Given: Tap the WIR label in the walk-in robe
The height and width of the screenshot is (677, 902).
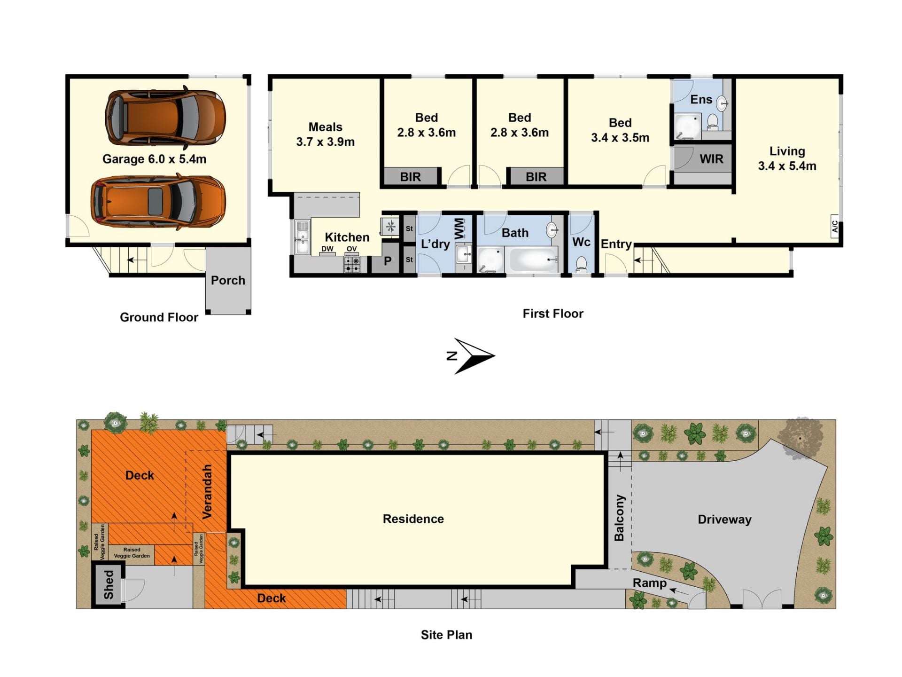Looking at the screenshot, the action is (x=711, y=159).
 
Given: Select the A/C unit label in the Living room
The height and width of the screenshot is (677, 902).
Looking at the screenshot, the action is (x=835, y=227).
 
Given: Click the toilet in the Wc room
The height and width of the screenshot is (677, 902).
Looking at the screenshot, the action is (x=581, y=264).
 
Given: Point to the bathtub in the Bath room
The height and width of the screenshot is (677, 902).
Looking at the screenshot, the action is (x=534, y=260).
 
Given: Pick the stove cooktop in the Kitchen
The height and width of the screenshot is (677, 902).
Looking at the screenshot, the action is (x=352, y=265).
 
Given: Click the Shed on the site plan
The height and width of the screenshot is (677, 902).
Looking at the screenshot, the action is (x=109, y=585).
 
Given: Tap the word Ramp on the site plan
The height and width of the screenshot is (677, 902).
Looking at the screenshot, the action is (x=649, y=583).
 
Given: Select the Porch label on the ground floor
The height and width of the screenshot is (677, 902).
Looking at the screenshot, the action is (x=228, y=280).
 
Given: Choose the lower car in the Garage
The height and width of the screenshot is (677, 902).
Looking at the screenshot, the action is (x=158, y=202).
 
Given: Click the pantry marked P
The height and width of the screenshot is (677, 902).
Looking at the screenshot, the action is (x=388, y=261).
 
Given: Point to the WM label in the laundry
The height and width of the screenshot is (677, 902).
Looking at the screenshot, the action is (x=459, y=228).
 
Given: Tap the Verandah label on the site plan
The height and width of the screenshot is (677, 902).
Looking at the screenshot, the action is (x=207, y=491).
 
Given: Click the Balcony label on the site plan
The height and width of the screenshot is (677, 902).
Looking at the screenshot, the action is (x=619, y=518).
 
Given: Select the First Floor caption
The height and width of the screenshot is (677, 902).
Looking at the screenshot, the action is (x=553, y=314).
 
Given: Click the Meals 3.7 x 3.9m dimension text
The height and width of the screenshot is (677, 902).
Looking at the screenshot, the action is (x=325, y=142).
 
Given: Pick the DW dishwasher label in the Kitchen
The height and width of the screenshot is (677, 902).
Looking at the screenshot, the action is (x=327, y=249).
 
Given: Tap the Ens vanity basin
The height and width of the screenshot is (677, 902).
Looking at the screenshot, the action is (x=722, y=103).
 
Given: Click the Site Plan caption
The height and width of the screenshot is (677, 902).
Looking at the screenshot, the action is (x=446, y=635).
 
